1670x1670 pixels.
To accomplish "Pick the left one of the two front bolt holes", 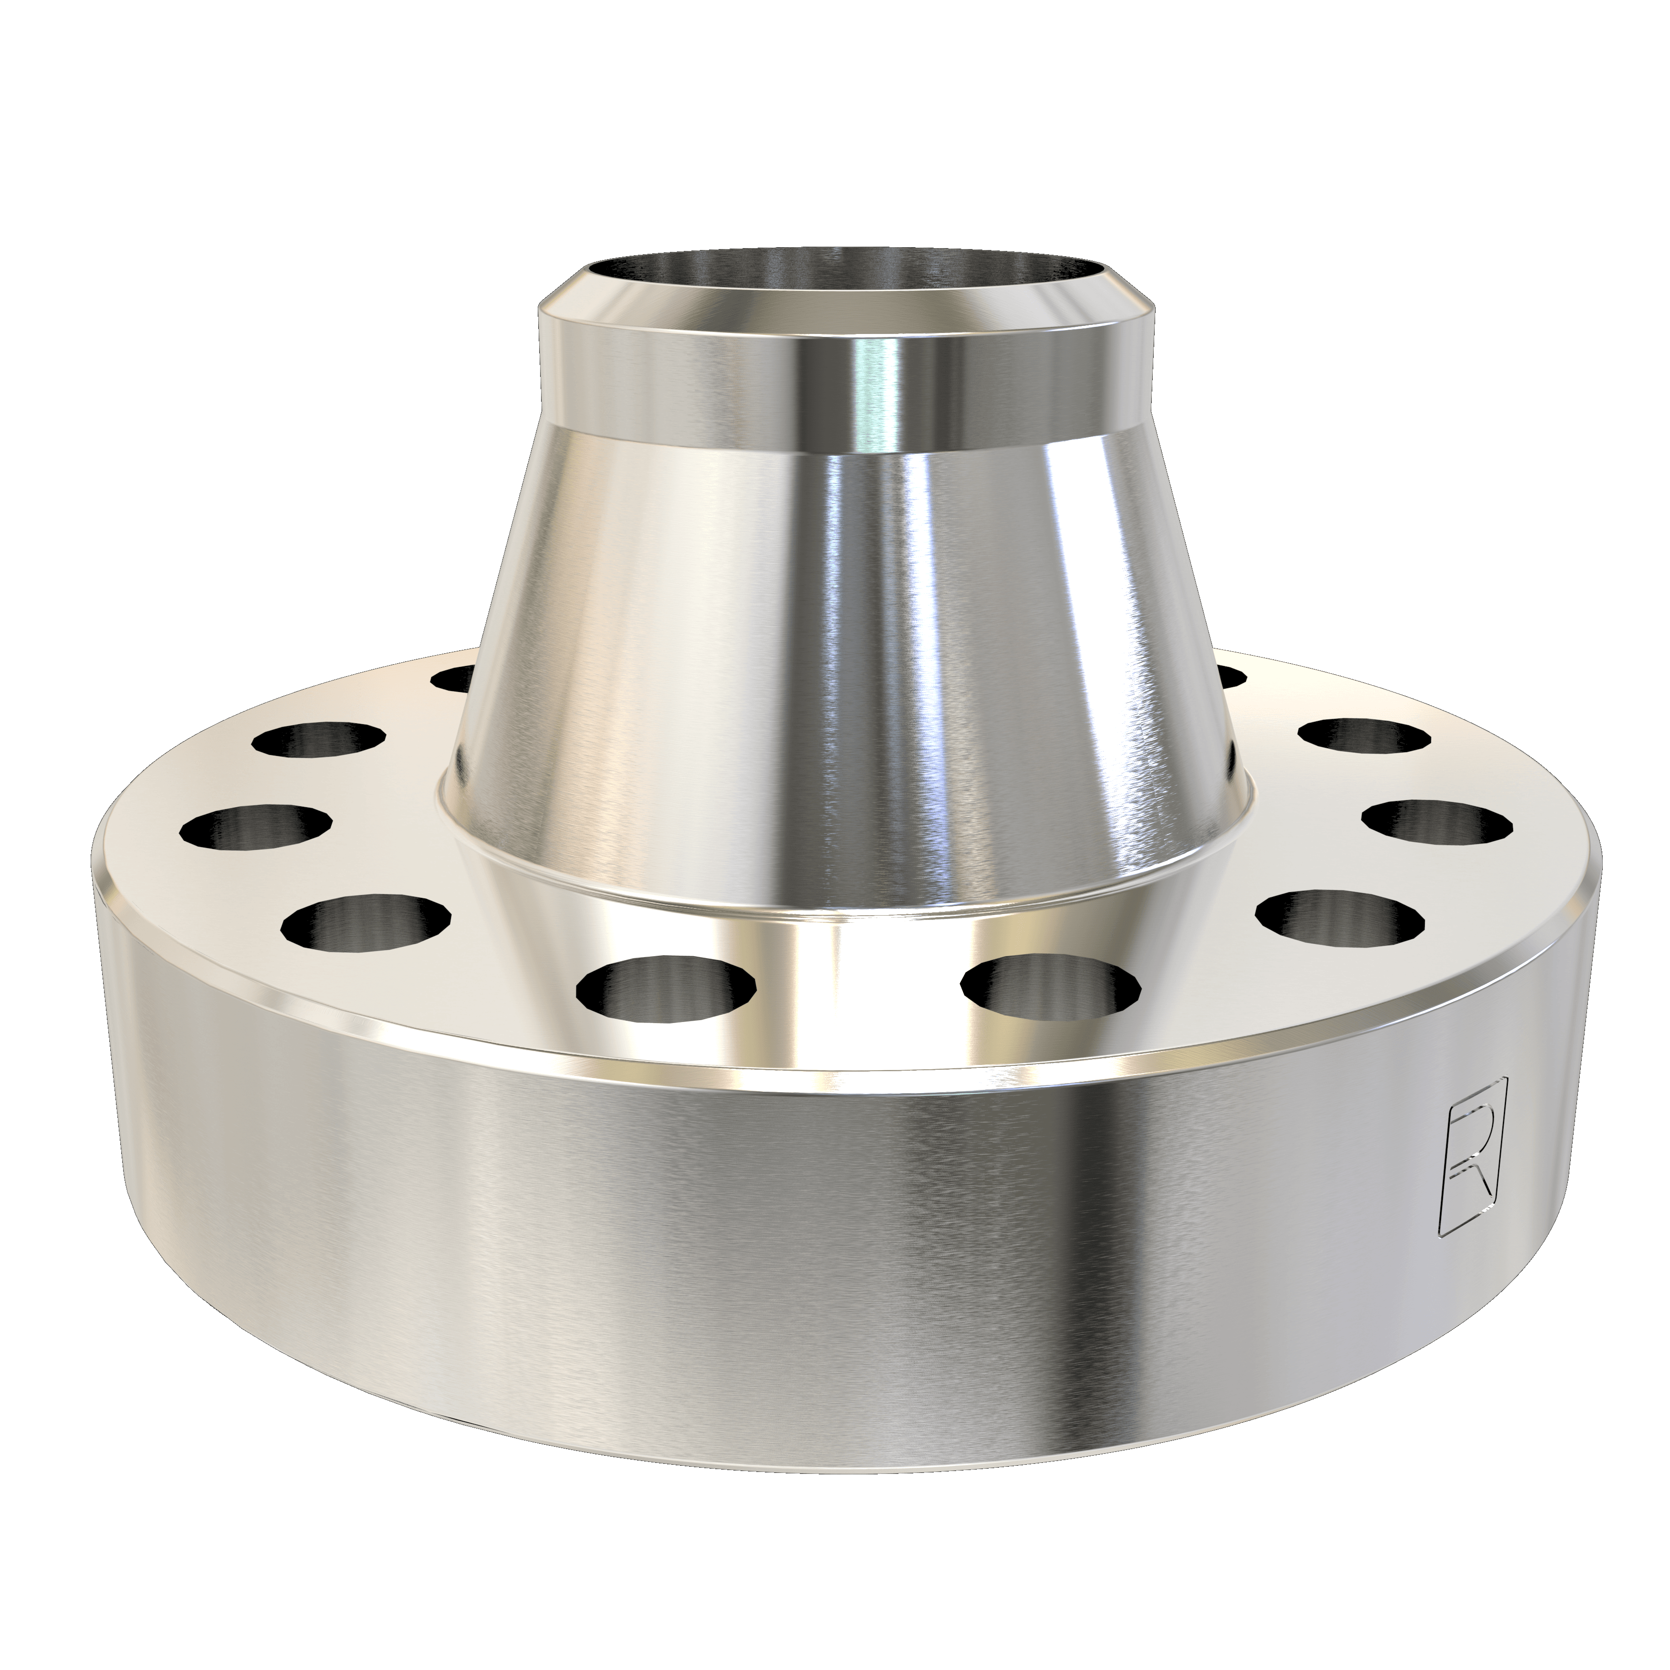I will click(x=666, y=985).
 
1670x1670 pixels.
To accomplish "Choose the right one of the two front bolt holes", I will click(x=1050, y=985).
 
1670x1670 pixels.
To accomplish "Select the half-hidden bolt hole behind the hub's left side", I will click(x=454, y=678).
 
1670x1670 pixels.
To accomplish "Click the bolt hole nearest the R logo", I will click(x=1340, y=916).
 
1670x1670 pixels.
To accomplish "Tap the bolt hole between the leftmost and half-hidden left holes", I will click(x=320, y=739).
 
